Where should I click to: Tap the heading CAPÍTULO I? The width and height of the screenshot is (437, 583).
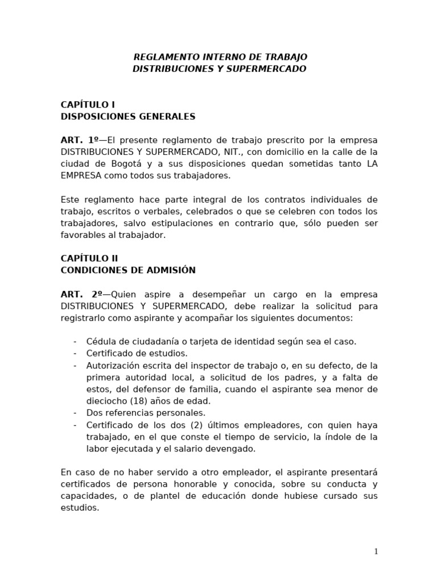88,105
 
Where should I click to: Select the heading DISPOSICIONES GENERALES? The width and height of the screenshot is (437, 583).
128,117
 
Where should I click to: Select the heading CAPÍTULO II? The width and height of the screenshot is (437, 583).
89,258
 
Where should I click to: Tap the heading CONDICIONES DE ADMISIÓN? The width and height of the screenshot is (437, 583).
128,270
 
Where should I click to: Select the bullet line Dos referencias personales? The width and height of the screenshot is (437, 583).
146,413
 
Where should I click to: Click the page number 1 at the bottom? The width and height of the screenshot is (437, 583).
376,551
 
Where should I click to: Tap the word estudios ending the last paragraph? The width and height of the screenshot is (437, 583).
80,508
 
